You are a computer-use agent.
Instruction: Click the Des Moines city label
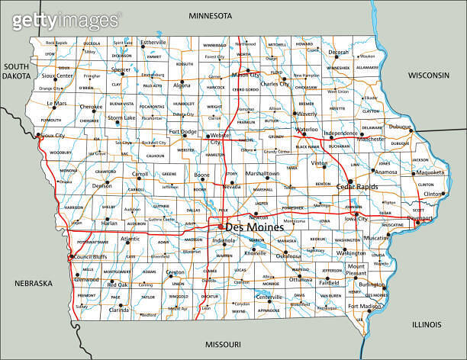pyautogui.click(x=254, y=227)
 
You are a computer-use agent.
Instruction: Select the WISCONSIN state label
pyautogui.click(x=430, y=76)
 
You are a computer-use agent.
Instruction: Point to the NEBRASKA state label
pyautogui.click(x=33, y=284)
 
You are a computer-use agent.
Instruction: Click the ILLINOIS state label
pyautogui.click(x=427, y=324)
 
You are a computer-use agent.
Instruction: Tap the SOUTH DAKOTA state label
pyautogui.click(x=15, y=72)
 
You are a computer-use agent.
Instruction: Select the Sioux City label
pyautogui.click(x=51, y=135)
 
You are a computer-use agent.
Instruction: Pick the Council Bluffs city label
pyautogui.click(x=90, y=256)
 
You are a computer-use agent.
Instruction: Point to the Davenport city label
pyautogui.click(x=419, y=218)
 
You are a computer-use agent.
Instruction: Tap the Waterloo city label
pyautogui.click(x=306, y=130)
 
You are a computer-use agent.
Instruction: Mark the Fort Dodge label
pyautogui.click(x=182, y=131)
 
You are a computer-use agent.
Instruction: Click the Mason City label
pyautogui.click(x=246, y=75)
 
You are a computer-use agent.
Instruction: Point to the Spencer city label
pyautogui.click(x=121, y=69)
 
